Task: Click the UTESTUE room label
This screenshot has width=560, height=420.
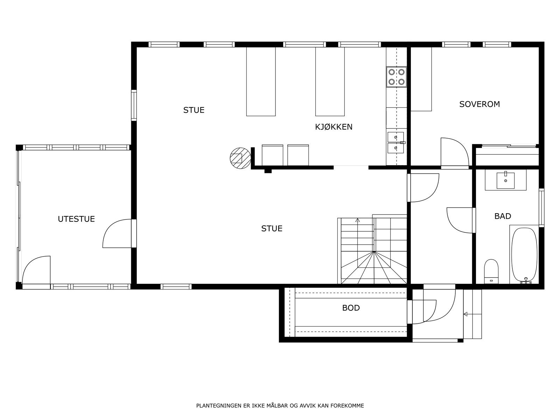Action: (76, 219)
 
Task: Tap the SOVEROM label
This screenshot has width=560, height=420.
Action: (479, 104)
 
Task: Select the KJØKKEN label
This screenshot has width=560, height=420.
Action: (334, 127)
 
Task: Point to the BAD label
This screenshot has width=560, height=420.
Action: (503, 216)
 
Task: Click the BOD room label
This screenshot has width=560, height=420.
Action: (351, 308)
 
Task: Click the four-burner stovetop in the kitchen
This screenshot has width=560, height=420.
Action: (397, 77)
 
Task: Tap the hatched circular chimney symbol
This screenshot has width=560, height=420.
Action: (240, 158)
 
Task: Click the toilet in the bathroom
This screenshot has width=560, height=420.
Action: (491, 271)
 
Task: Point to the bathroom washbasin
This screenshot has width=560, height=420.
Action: (505, 180)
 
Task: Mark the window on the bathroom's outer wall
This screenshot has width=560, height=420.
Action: (541, 208)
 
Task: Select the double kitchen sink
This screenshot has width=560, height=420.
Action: (396, 142)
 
